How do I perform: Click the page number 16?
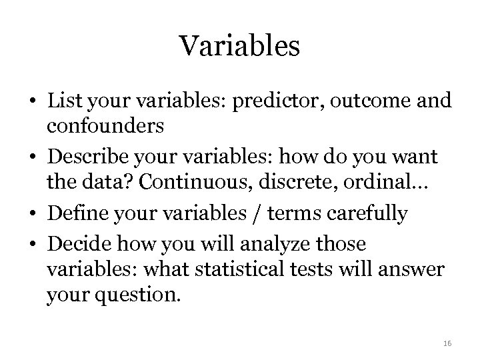(447, 343)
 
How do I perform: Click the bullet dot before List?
(33, 102)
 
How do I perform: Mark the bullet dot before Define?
(33, 213)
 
